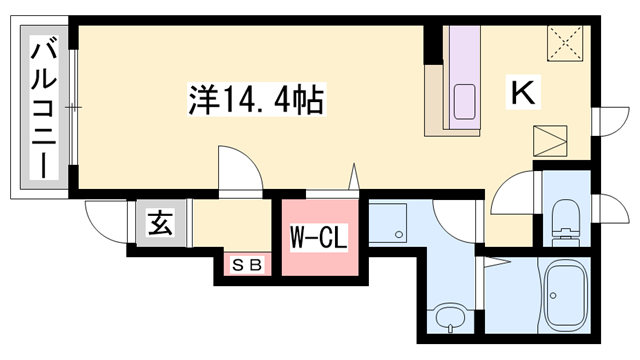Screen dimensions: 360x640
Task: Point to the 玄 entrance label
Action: point(161,223)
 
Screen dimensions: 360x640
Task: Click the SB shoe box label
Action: point(246,264)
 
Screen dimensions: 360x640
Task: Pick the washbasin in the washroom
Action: point(448,320)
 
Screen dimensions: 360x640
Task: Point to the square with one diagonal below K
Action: point(551,141)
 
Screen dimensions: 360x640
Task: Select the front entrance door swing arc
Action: point(105,214)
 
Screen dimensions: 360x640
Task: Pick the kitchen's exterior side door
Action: point(606,119)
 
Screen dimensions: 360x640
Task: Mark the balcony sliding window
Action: point(74,105)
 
